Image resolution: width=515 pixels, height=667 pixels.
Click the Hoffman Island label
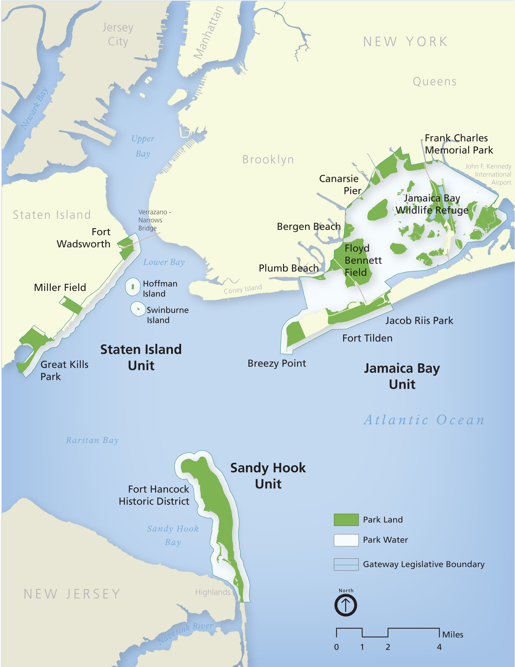(160, 289)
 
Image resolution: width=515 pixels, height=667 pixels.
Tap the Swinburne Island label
(167, 315)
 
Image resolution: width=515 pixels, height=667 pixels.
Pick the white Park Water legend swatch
(346, 540)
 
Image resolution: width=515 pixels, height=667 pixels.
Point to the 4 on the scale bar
(439, 647)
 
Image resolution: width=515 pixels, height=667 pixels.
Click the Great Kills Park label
(64, 370)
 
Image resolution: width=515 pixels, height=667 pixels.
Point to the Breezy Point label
(277, 363)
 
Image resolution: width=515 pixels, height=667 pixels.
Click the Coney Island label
(243, 289)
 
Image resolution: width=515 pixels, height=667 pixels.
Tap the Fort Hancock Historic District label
(154, 495)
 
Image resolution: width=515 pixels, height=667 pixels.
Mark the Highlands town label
(213, 592)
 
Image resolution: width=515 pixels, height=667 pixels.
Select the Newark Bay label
(34, 108)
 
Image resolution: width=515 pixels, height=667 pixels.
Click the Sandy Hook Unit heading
(268, 476)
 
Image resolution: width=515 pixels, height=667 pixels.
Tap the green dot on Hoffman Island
(133, 287)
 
